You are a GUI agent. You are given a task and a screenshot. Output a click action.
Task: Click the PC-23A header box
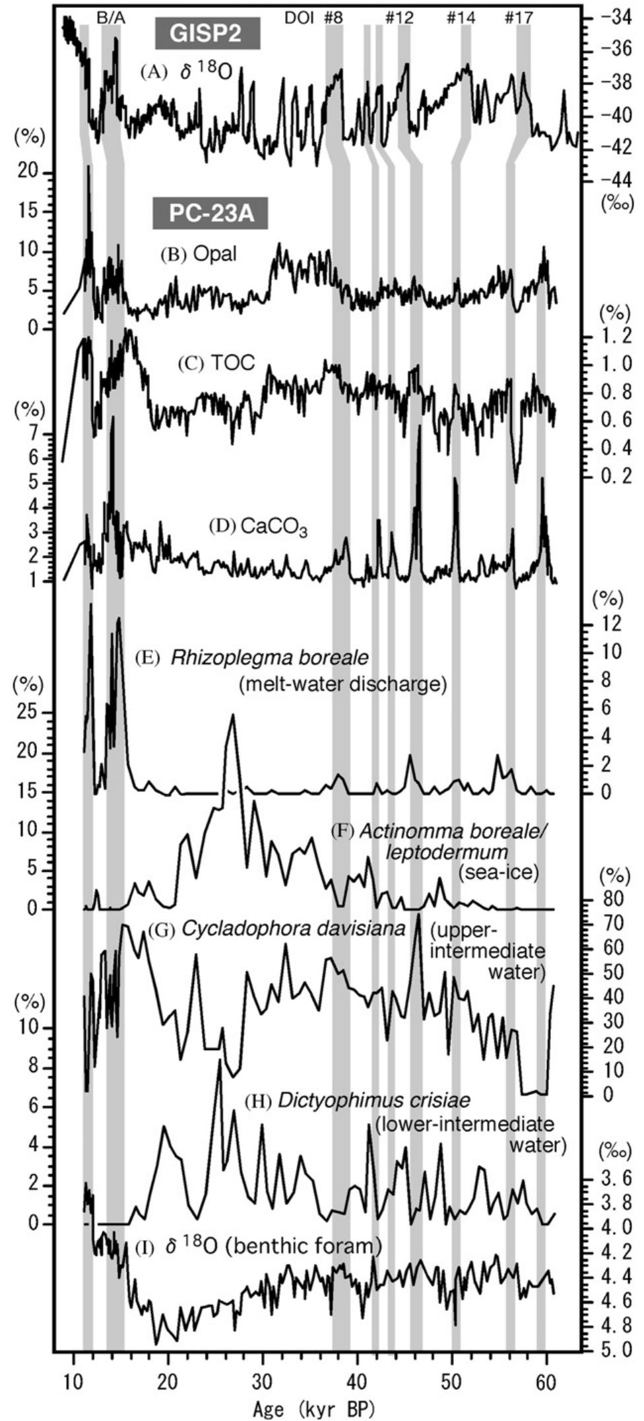(210, 214)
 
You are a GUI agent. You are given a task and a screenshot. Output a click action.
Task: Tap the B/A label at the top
(110, 18)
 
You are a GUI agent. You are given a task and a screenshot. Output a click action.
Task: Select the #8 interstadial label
(333, 18)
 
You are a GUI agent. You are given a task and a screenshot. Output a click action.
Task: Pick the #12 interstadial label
(399, 18)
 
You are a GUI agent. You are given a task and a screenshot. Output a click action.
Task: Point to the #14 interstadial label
(460, 18)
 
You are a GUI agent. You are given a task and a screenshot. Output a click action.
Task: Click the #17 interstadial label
(518, 18)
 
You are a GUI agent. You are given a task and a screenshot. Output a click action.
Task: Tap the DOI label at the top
(300, 18)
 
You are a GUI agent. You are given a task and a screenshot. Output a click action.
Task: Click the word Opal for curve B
(214, 254)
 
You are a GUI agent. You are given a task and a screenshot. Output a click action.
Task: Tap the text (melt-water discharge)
(342, 684)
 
